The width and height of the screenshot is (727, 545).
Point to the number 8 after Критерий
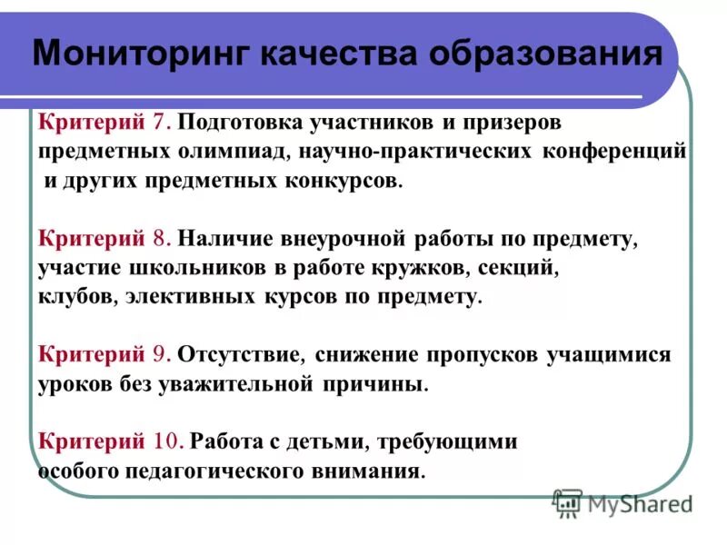tap(160, 240)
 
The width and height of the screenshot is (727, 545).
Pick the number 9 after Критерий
tap(160, 354)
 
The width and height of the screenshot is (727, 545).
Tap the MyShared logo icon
tap(568, 501)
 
